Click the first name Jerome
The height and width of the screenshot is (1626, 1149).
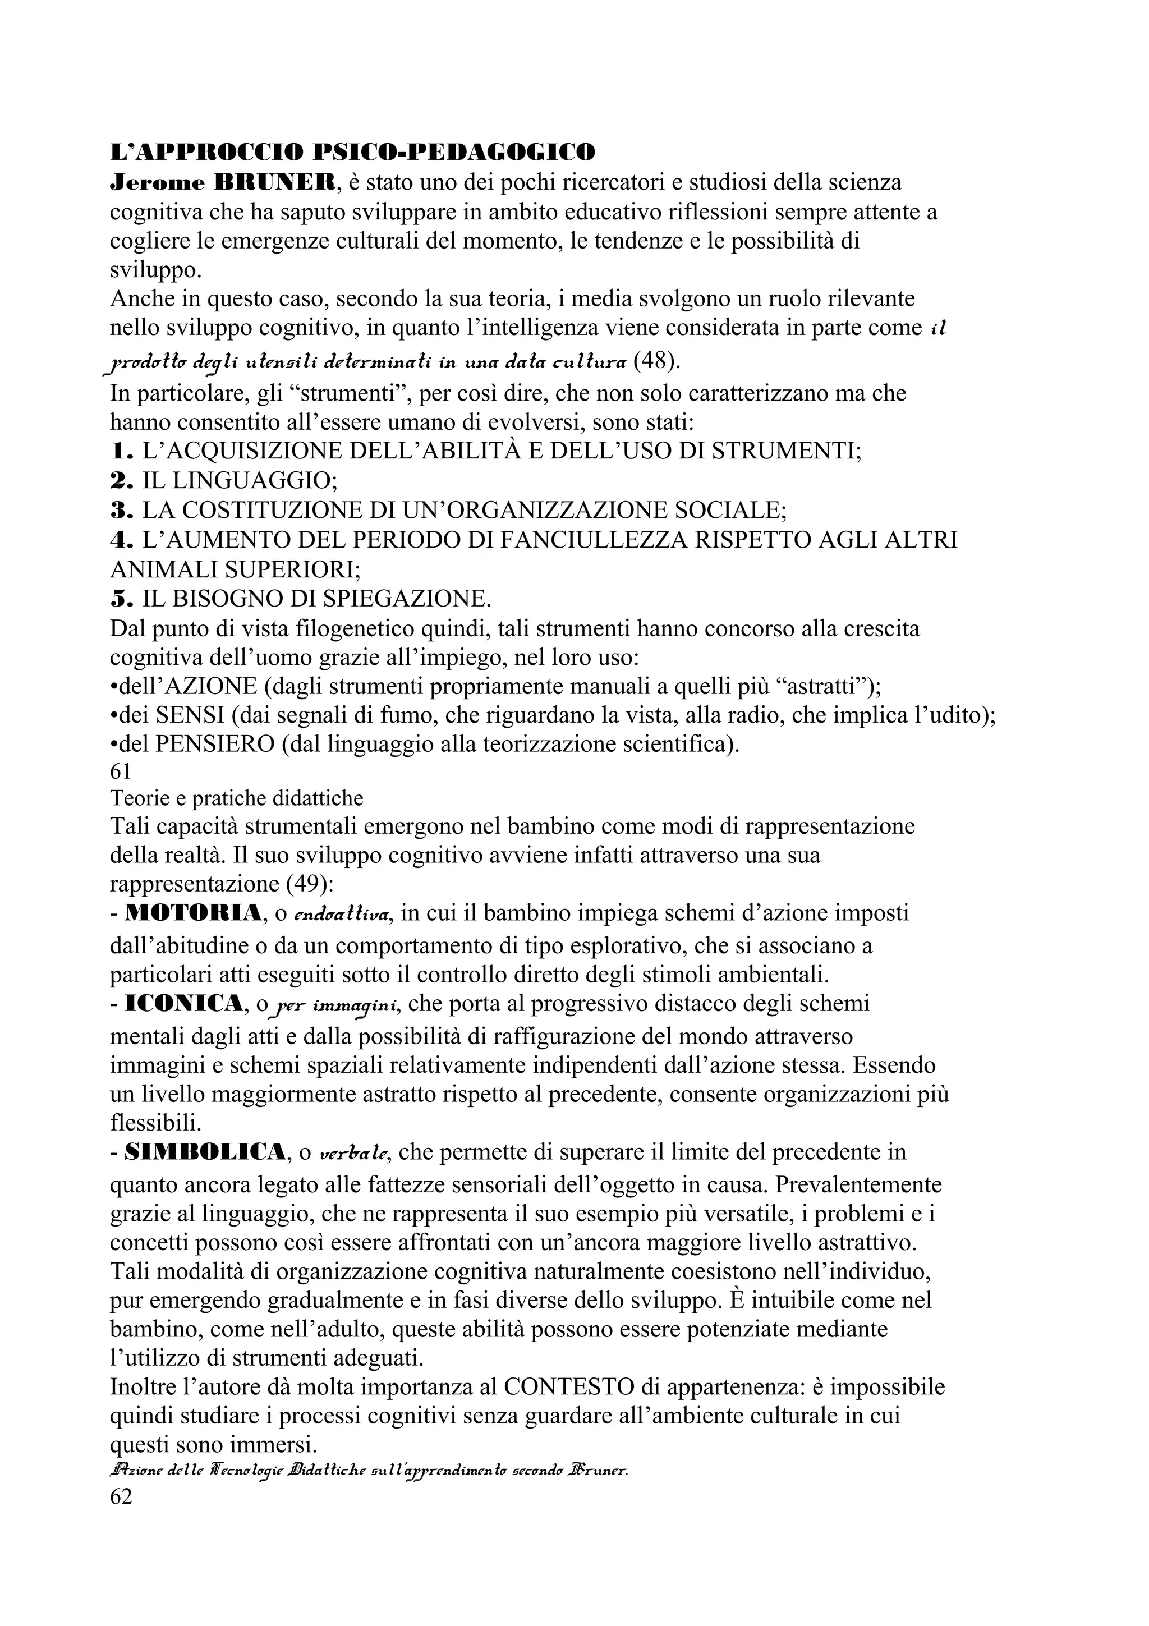pyautogui.click(x=157, y=183)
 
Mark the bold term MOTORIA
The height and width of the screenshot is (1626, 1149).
pyautogui.click(x=192, y=913)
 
